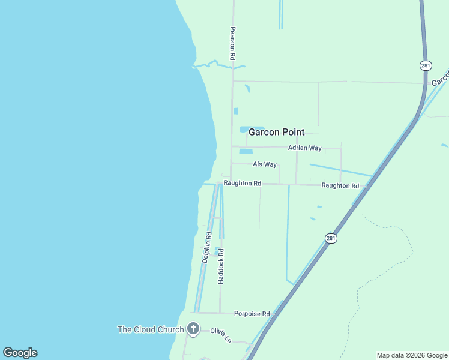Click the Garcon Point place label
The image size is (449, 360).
(276, 132)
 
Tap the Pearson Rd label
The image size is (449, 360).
(231, 42)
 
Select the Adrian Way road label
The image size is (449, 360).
(304, 148)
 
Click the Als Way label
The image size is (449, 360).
(264, 164)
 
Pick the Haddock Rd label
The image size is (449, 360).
(221, 266)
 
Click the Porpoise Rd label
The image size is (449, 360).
(252, 313)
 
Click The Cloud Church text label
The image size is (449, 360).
(151, 329)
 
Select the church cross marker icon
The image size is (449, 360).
(193, 328)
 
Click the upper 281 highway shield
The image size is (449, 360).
(426, 65)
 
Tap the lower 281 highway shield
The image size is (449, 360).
(331, 238)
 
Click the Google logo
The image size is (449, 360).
(20, 353)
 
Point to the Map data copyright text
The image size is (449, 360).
(412, 355)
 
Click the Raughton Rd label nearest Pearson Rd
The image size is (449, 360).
(242, 183)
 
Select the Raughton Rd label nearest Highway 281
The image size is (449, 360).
(340, 186)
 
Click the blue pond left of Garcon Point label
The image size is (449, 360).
(244, 129)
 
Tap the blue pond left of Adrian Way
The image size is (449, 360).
(246, 151)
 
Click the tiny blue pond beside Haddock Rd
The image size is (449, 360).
(216, 251)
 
